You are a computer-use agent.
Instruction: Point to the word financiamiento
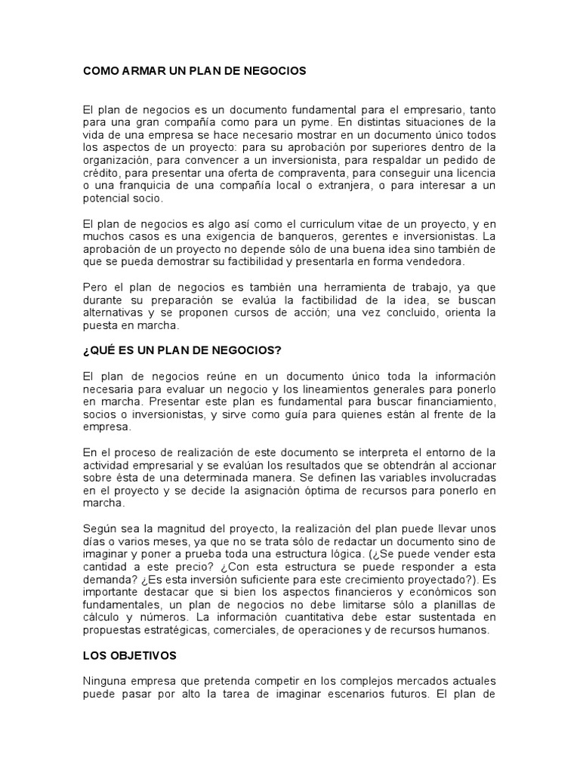tap(455, 402)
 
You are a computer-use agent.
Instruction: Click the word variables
tap(369, 478)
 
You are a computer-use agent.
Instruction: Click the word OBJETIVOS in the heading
tap(145, 657)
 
